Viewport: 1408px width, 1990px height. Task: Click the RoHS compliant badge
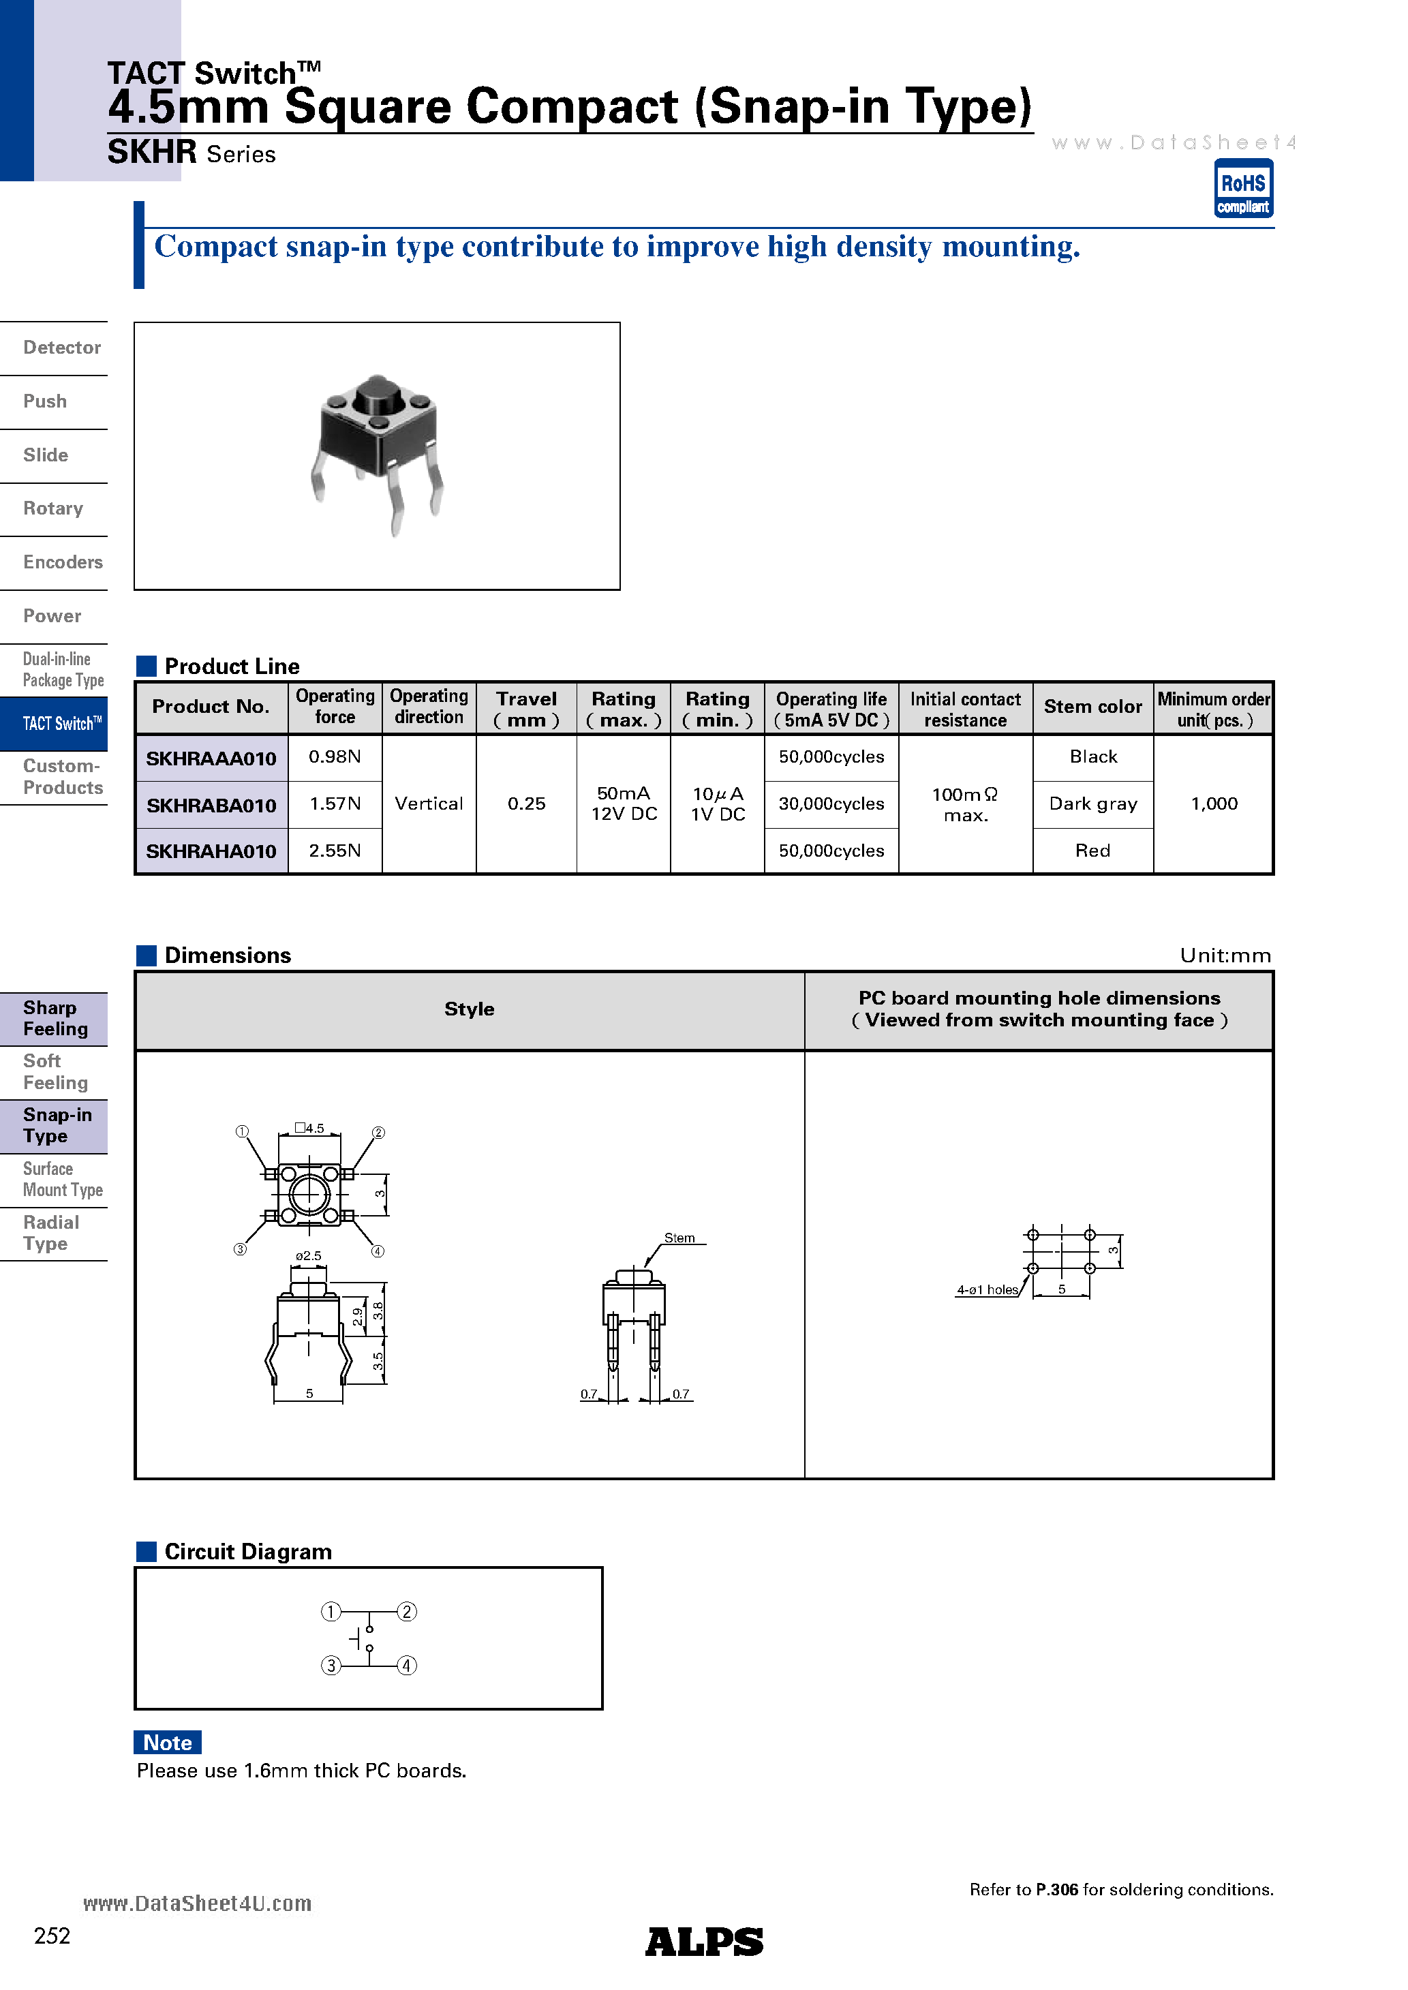click(1242, 188)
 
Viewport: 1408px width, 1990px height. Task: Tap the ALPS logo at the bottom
click(703, 1942)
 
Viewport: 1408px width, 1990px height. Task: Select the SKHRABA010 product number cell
click(211, 805)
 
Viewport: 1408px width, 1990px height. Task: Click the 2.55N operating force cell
click(335, 851)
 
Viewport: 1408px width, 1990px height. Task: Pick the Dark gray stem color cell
click(1092, 803)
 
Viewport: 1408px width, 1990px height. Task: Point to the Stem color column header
click(1092, 706)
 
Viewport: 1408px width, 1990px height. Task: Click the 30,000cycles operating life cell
click(831, 803)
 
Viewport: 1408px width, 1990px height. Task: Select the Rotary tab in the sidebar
click(53, 509)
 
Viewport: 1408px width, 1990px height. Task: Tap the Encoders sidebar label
click(63, 562)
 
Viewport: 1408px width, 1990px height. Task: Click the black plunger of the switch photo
click(377, 395)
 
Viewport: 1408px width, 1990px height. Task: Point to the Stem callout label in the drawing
click(679, 1238)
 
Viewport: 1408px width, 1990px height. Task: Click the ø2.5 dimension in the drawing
click(308, 1256)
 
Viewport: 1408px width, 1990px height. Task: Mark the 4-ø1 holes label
click(987, 1289)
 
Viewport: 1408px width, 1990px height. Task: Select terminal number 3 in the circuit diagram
click(331, 1666)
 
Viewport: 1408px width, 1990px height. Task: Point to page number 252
click(52, 1936)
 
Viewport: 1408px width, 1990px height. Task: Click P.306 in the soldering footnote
click(1057, 1889)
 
